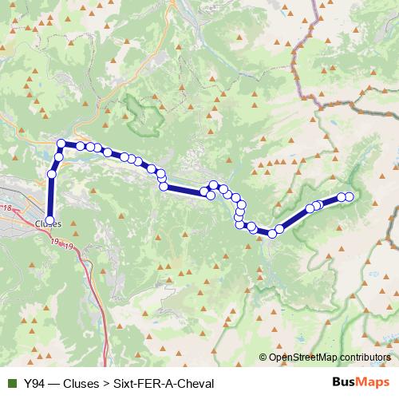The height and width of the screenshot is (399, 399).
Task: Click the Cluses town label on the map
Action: coord(49,223)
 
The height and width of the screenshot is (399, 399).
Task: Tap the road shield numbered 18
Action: coord(8,208)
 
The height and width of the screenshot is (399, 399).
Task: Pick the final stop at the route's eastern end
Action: coord(349,196)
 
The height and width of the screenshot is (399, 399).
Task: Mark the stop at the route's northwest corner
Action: coord(61,144)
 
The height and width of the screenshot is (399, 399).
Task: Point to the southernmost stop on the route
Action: coord(271,234)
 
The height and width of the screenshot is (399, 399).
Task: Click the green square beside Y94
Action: coord(11,383)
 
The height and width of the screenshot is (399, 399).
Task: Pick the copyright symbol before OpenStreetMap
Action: coord(263,357)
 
